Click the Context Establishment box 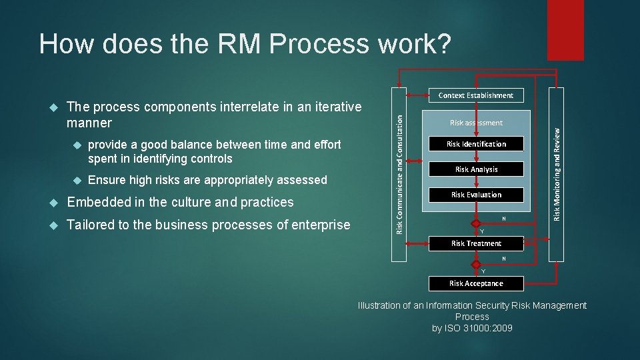click(x=476, y=95)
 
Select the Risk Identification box click(x=476, y=144)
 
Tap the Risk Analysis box click(x=476, y=169)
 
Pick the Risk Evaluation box click(x=476, y=195)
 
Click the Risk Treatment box click(x=476, y=243)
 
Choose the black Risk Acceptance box click(x=476, y=283)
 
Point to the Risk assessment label click(x=476, y=123)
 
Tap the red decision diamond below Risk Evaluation click(x=476, y=223)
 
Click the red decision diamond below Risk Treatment click(x=476, y=263)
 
